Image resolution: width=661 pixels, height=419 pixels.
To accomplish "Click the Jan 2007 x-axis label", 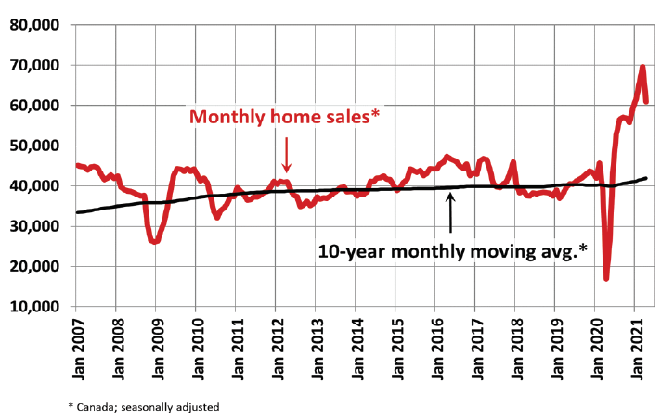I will tap(76, 348).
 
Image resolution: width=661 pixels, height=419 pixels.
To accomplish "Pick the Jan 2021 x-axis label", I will tap(635, 348).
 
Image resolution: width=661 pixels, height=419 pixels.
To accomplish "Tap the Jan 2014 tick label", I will tap(356, 348).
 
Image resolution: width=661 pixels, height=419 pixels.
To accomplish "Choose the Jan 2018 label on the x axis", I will tap(515, 348).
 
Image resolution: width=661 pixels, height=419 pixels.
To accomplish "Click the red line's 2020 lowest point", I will tap(606, 277).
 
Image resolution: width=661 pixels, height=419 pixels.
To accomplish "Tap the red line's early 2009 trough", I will tap(155, 241).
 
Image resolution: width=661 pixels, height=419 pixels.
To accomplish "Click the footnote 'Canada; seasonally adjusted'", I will tap(144, 406).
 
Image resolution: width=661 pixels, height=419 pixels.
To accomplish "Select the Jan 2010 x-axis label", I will tap(196, 348).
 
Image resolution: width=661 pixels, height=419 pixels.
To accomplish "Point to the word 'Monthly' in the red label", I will tap(225, 118).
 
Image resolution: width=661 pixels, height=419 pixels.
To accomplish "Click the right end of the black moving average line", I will tap(646, 178).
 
